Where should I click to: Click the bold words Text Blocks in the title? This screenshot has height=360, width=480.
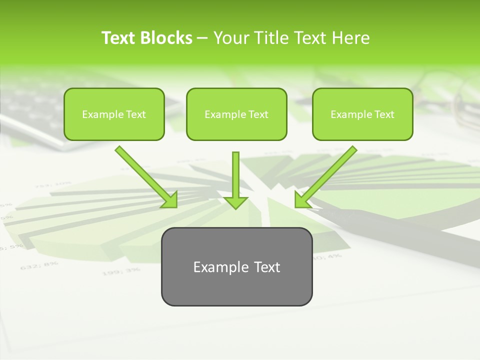[146, 38]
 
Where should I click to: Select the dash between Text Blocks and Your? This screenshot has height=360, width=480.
[202, 38]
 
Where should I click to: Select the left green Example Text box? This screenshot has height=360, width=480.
[114, 114]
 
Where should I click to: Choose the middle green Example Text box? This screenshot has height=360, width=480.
[236, 114]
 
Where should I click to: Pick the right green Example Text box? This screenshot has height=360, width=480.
[362, 114]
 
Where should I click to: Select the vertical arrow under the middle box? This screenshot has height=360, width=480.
[236, 175]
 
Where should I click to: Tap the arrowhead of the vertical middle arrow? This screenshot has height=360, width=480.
[236, 202]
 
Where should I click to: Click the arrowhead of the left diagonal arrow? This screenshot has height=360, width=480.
[170, 200]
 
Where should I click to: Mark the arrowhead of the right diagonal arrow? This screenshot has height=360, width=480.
[302, 200]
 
